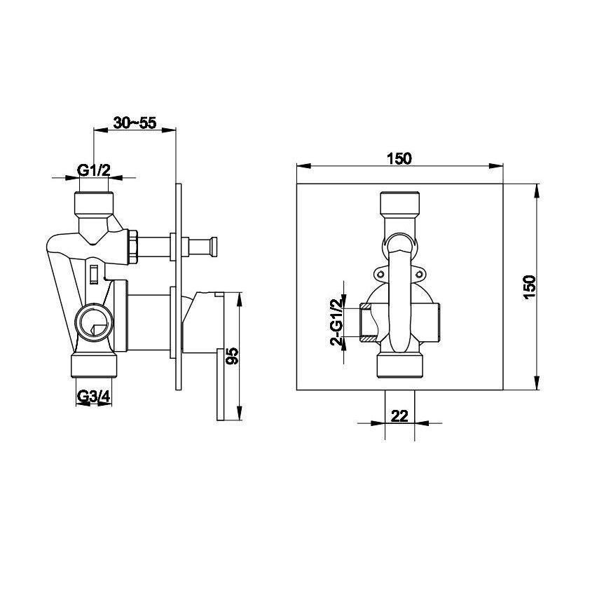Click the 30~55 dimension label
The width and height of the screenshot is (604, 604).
pos(135,123)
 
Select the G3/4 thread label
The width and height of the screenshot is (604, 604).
pos(94,396)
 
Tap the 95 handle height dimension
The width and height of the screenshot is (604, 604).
pos(233,355)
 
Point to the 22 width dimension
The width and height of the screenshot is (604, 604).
pos(399,416)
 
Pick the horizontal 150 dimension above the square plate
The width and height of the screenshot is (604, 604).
pos(399,158)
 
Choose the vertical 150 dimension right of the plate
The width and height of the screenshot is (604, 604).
pos(530,287)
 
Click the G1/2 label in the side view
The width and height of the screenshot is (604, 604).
pos(94,170)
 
